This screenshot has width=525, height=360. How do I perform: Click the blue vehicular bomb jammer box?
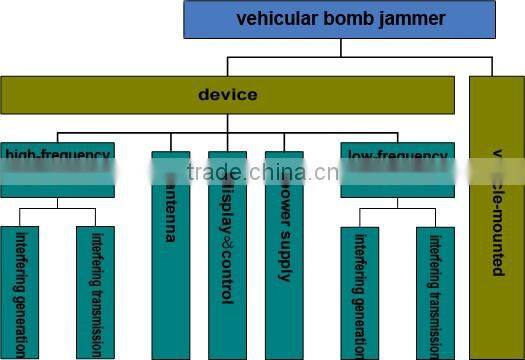(x=340, y=19)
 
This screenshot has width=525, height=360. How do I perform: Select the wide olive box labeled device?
(x=228, y=95)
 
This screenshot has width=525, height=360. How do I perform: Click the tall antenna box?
(x=171, y=254)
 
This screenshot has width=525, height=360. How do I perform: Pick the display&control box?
(x=227, y=254)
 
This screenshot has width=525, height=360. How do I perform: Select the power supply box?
(x=283, y=254)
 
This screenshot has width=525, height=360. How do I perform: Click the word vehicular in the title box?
(x=275, y=18)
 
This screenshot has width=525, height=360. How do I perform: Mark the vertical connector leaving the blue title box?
(x=340, y=47)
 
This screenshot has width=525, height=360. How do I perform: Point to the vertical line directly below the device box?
(x=228, y=123)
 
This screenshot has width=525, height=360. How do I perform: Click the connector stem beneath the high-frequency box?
(x=57, y=203)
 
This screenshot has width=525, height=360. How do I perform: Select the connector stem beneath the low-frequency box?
(x=397, y=203)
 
